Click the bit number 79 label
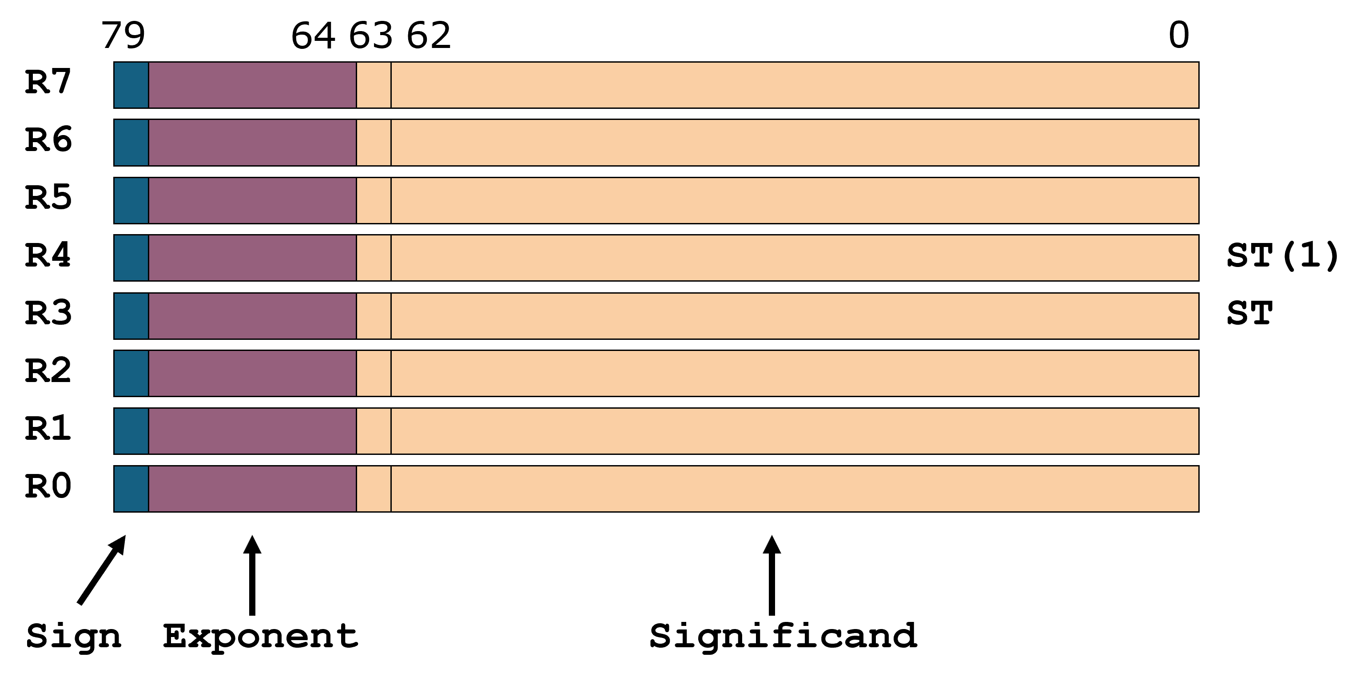pyautogui.click(x=123, y=36)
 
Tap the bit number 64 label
pyautogui.click(x=313, y=36)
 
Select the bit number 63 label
pyautogui.click(x=371, y=36)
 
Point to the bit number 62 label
pyautogui.click(x=429, y=36)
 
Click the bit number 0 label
pyautogui.click(x=1179, y=36)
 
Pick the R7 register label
pyautogui.click(x=48, y=83)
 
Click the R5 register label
pyautogui.click(x=48, y=198)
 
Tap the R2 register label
pyautogui.click(x=48, y=371)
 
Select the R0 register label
pyautogui.click(x=48, y=487)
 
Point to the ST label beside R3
pyautogui.click(x=1249, y=314)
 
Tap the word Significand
pyautogui.click(x=783, y=636)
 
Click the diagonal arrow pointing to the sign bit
pyautogui.click(x=102, y=570)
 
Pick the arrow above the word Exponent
pyautogui.click(x=252, y=575)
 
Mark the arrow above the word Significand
pyautogui.click(x=772, y=575)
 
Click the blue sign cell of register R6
pyautogui.click(x=131, y=143)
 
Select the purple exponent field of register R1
pyautogui.click(x=252, y=431)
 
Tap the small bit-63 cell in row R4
pyautogui.click(x=374, y=258)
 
